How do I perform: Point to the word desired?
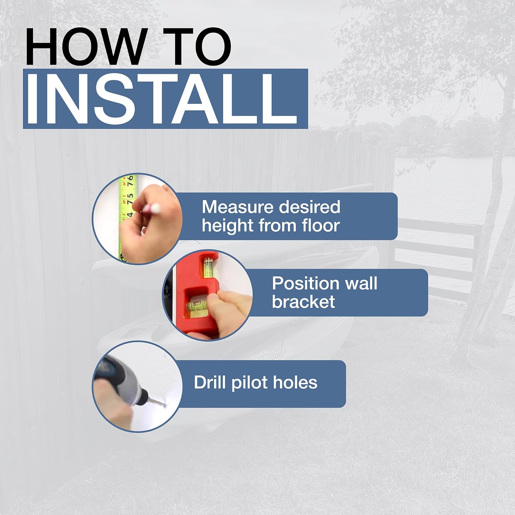tap(310, 207)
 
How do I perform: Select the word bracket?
tap(303, 301)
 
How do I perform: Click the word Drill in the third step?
tap(209, 382)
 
